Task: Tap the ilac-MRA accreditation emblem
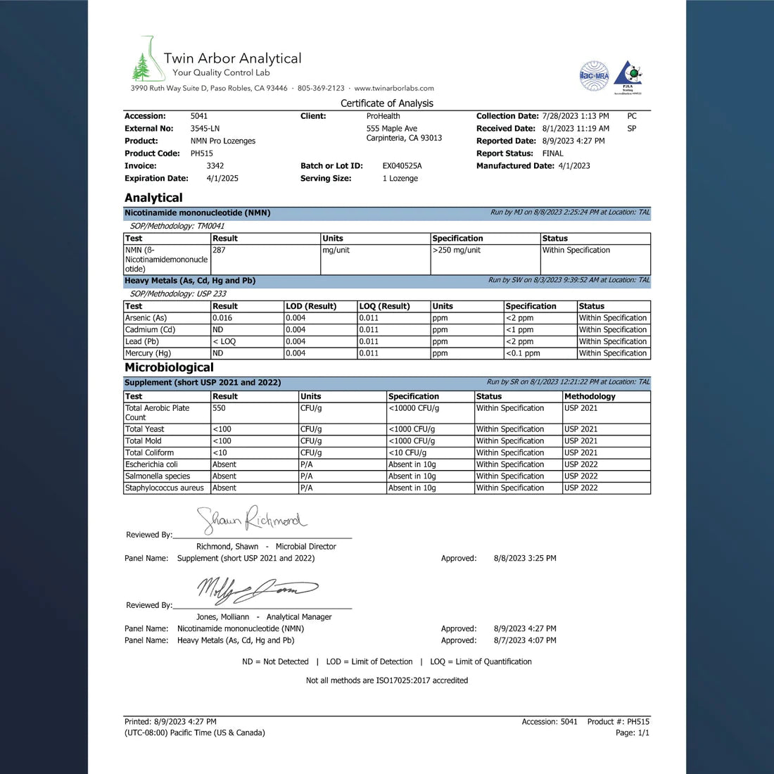click(594, 75)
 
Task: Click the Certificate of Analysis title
click(387, 103)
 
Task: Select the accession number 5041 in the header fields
click(199, 116)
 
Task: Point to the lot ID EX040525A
click(402, 166)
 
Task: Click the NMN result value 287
click(219, 250)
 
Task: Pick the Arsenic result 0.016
click(222, 318)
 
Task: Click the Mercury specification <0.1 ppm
click(523, 353)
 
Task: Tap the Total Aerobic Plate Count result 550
click(219, 408)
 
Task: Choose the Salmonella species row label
click(158, 476)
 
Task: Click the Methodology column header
click(590, 396)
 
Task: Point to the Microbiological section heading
click(169, 367)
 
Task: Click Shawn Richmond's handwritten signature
click(252, 520)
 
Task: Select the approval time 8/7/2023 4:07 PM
click(525, 640)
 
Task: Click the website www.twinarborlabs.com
click(394, 89)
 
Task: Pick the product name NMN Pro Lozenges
click(223, 141)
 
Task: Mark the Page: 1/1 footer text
click(632, 733)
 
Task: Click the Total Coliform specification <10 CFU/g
click(407, 453)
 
